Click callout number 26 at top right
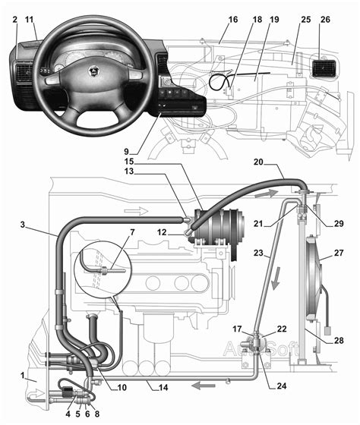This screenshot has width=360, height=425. coord(325,20)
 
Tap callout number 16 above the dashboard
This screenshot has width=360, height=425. coord(232,20)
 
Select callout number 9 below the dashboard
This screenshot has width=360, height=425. coord(126,151)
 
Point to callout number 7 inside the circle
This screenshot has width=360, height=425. coord(132,232)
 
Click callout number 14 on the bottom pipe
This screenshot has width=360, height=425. coord(163,388)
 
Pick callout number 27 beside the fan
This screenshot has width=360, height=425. coord(339,253)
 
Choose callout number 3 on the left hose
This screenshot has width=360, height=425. coord(23,225)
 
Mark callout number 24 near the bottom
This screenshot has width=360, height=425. coord(281,386)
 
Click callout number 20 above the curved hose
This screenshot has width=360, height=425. coord(258,162)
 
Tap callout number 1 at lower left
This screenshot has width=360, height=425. coord(23,376)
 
